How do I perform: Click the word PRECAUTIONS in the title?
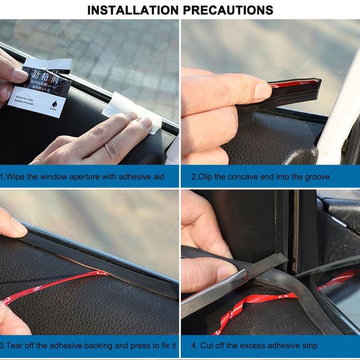[x=228, y=10]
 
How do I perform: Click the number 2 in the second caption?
[x=193, y=177]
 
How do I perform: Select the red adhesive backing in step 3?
[x=56, y=285]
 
